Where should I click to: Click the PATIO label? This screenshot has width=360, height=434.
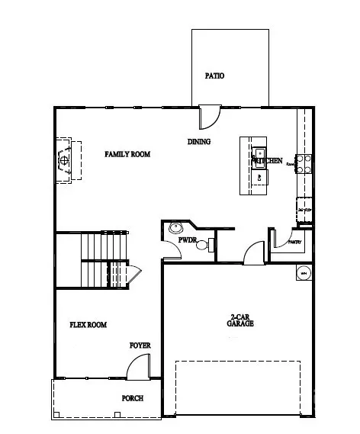[x=215, y=76]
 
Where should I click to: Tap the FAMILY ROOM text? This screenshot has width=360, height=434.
[x=127, y=154]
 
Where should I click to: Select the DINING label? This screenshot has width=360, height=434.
[x=199, y=142]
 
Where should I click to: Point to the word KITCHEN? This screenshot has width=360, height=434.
[x=268, y=161]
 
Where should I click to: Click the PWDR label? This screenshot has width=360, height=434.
[x=188, y=240]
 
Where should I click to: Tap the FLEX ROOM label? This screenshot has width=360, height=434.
[x=88, y=325]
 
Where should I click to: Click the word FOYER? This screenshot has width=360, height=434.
[x=140, y=346]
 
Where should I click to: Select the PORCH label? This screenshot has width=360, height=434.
[x=133, y=398]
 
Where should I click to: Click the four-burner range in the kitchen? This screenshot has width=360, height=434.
[x=303, y=162]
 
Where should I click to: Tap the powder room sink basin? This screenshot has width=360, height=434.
[x=177, y=227]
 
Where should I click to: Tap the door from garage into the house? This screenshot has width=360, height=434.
[x=252, y=252]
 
